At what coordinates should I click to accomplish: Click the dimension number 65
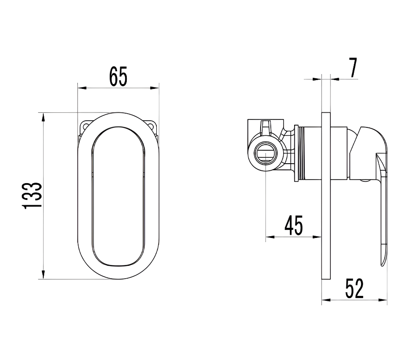118,77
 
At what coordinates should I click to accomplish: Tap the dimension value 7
353,68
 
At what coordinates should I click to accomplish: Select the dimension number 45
294,225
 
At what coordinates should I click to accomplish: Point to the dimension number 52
354,288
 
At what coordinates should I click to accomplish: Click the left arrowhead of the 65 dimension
82,88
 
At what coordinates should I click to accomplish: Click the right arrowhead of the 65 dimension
155,88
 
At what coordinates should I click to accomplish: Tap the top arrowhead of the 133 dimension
43,117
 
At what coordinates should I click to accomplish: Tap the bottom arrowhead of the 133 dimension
43,274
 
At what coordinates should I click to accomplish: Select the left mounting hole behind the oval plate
85,125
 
